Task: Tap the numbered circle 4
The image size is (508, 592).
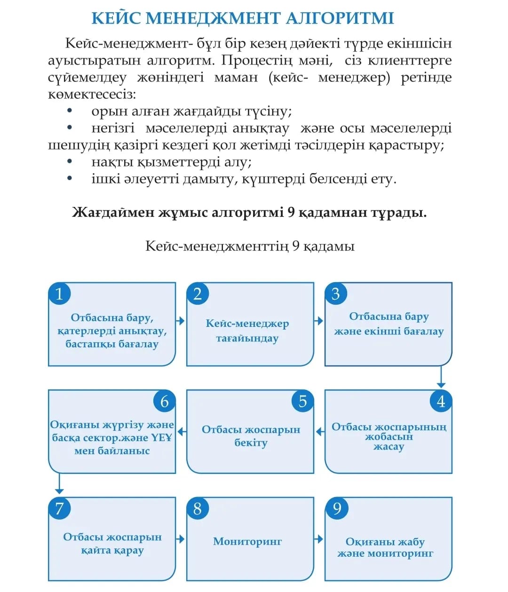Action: click(441, 401)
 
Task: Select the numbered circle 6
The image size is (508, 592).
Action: click(164, 401)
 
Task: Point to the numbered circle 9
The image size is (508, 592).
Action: click(337, 508)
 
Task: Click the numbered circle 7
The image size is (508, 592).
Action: click(59, 508)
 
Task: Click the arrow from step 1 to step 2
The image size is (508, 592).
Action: click(181, 321)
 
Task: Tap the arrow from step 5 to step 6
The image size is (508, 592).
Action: click(181, 431)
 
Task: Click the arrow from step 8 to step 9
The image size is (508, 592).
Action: click(319, 538)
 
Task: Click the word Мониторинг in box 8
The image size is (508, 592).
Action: click(247, 541)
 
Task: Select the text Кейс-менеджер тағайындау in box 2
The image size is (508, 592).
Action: click(247, 331)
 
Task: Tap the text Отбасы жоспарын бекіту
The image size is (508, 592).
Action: click(251, 436)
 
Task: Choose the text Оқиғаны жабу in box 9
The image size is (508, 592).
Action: click(385, 542)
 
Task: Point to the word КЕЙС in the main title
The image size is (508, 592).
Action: click(116, 18)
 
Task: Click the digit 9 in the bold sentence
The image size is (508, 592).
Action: click(291, 213)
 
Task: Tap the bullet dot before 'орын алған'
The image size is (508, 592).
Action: click(70, 111)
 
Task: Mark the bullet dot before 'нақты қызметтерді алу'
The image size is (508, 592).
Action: click(70, 162)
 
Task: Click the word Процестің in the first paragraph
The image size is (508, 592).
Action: click(254, 60)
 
